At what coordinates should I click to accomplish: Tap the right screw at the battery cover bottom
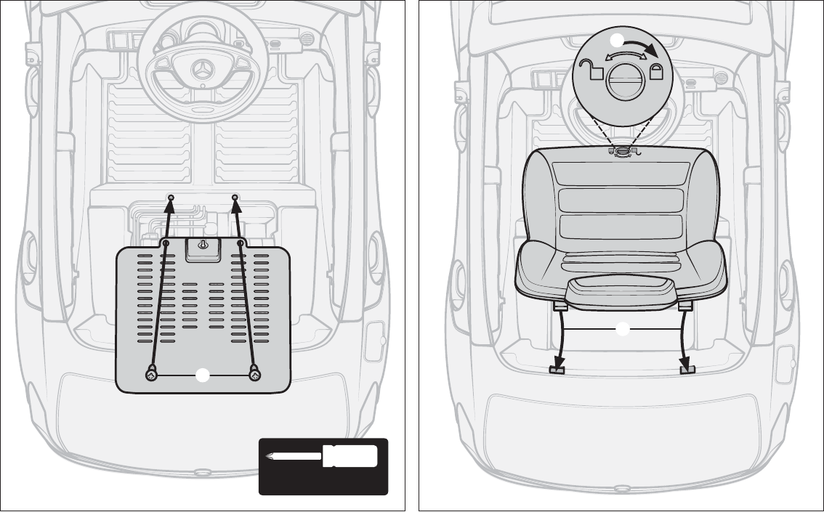[x=255, y=374]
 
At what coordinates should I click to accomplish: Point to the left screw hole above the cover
[x=171, y=198]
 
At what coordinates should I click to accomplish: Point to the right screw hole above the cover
[x=235, y=198]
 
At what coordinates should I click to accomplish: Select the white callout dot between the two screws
[x=203, y=375]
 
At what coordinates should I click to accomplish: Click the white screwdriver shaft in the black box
[x=294, y=457]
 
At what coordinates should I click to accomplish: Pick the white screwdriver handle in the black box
[x=350, y=456]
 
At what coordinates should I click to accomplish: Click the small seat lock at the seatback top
[x=623, y=151]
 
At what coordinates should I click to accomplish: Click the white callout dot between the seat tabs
[x=623, y=330]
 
